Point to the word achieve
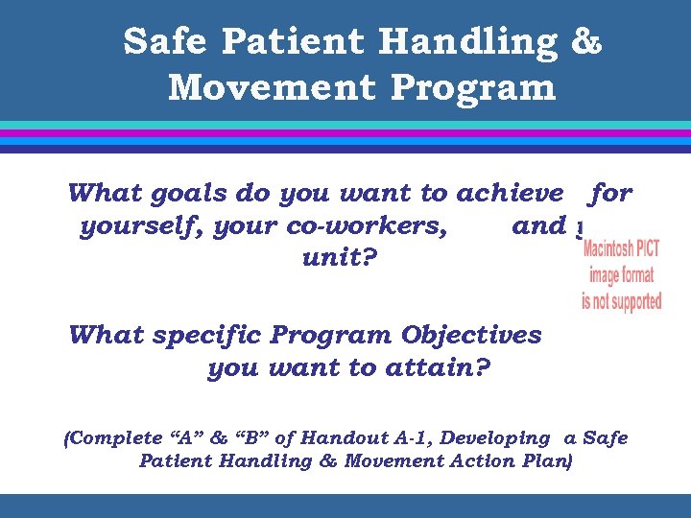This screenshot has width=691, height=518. (x=510, y=194)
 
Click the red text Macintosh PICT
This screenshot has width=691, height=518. (x=622, y=251)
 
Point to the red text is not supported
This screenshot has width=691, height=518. (x=622, y=300)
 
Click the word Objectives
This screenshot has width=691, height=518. (x=471, y=336)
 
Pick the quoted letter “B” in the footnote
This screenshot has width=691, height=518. (x=249, y=438)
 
